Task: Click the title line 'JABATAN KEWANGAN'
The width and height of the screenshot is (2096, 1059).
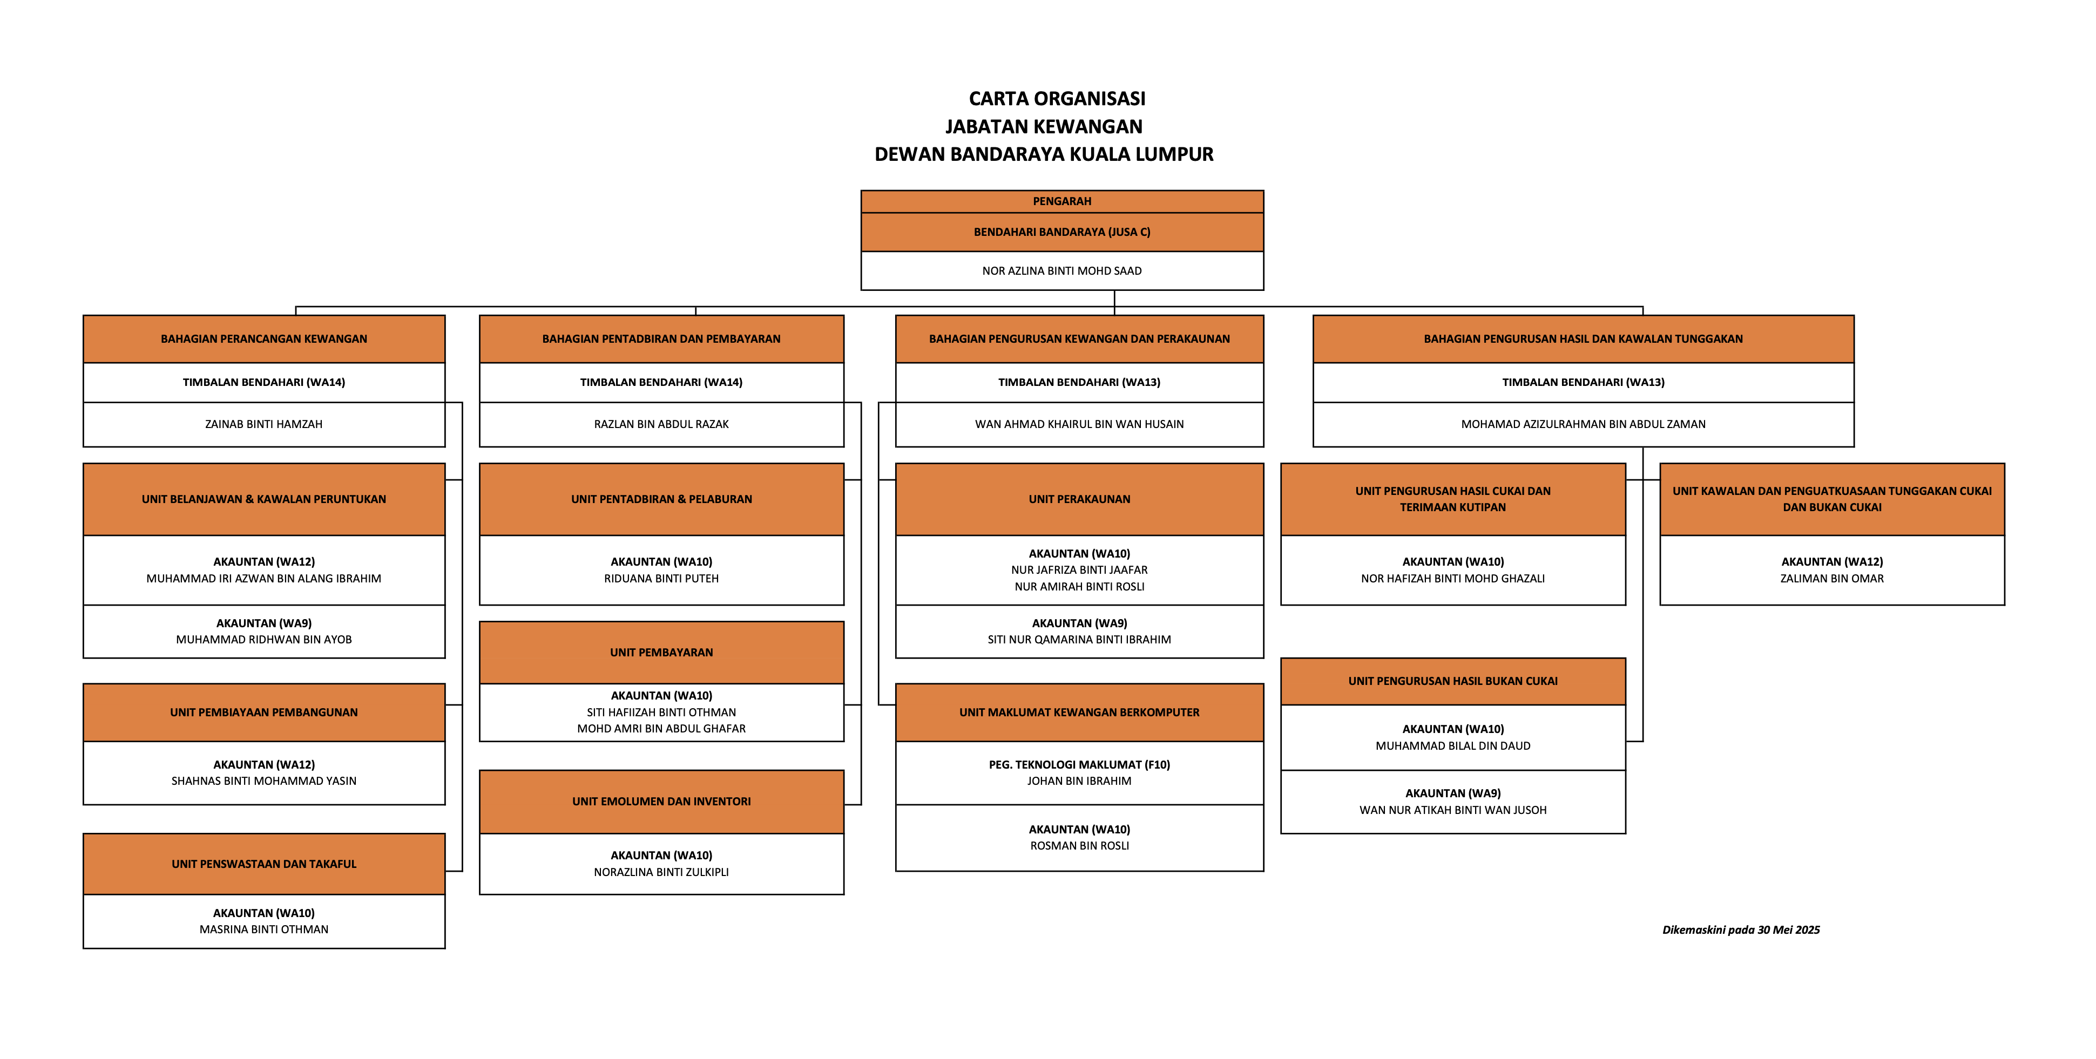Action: tap(1044, 127)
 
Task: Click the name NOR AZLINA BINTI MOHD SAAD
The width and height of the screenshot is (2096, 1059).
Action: tap(1062, 271)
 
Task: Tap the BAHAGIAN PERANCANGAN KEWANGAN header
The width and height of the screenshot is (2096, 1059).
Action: tap(263, 339)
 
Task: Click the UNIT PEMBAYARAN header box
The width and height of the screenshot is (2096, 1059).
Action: tap(661, 653)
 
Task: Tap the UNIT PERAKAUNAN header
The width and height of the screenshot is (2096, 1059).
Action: tap(1079, 499)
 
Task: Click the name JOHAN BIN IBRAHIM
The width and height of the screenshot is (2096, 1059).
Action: tap(1079, 782)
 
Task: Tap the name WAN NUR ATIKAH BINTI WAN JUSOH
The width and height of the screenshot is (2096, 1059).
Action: tap(1452, 810)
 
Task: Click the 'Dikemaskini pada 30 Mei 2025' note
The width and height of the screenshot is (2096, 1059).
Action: tap(1740, 929)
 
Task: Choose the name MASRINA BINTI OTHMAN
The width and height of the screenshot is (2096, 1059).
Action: tap(263, 929)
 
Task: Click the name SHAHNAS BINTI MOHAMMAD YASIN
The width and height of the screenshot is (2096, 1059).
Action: tap(263, 782)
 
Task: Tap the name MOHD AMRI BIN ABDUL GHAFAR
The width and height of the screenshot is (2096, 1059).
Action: tap(661, 729)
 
